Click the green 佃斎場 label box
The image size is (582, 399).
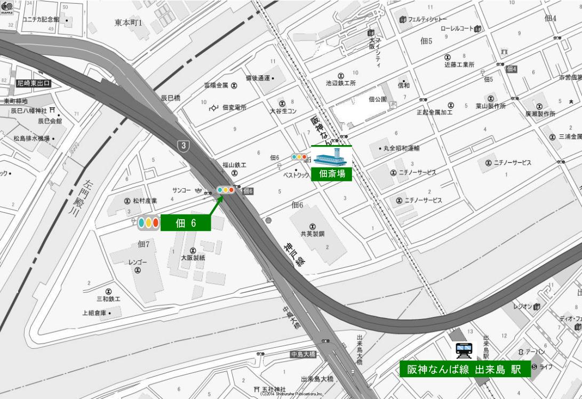pyautogui.click(x=332, y=173)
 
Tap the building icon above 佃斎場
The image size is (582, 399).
pyautogui.click(x=331, y=157)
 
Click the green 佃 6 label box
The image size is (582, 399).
pyautogui.click(x=186, y=223)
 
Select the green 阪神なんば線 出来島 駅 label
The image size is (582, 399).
pyautogui.click(x=465, y=369)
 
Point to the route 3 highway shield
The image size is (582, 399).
pyautogui.click(x=184, y=146)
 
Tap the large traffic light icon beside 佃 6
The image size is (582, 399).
pyautogui.click(x=148, y=223)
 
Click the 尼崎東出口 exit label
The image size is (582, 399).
pyautogui.click(x=33, y=83)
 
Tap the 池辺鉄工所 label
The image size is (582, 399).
pyautogui.click(x=341, y=83)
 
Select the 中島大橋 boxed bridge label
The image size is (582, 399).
pyautogui.click(x=303, y=354)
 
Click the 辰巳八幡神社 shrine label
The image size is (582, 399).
pyautogui.click(x=29, y=110)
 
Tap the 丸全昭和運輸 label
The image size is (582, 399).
pyautogui.click(x=401, y=148)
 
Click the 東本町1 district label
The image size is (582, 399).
pyautogui.click(x=129, y=23)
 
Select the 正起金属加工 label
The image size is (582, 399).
pyautogui.click(x=434, y=113)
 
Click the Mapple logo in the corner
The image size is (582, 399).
pyautogui.click(x=7, y=7)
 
